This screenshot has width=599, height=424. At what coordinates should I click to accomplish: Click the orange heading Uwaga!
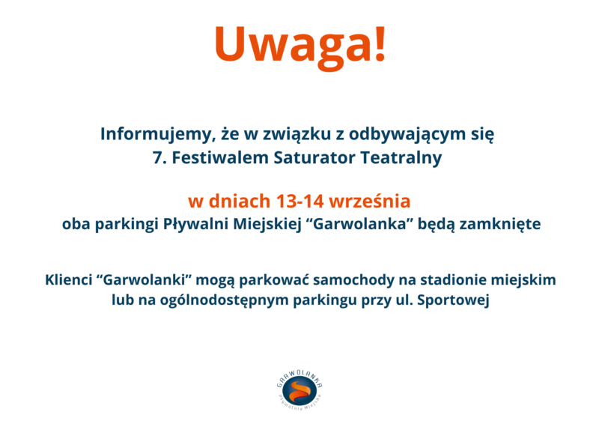tap(300, 45)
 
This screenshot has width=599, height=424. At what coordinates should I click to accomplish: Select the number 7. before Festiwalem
tap(159, 158)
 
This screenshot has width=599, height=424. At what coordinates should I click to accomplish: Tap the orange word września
tap(369, 202)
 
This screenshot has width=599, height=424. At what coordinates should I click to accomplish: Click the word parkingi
tap(127, 225)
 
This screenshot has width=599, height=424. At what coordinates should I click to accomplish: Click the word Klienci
tap(69, 280)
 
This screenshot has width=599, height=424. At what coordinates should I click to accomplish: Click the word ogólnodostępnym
tap(224, 300)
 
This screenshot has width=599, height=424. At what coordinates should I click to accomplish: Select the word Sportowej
tap(453, 300)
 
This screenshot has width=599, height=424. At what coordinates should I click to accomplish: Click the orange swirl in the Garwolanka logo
tap(299, 391)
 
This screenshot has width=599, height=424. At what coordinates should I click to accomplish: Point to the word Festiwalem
tap(219, 158)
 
